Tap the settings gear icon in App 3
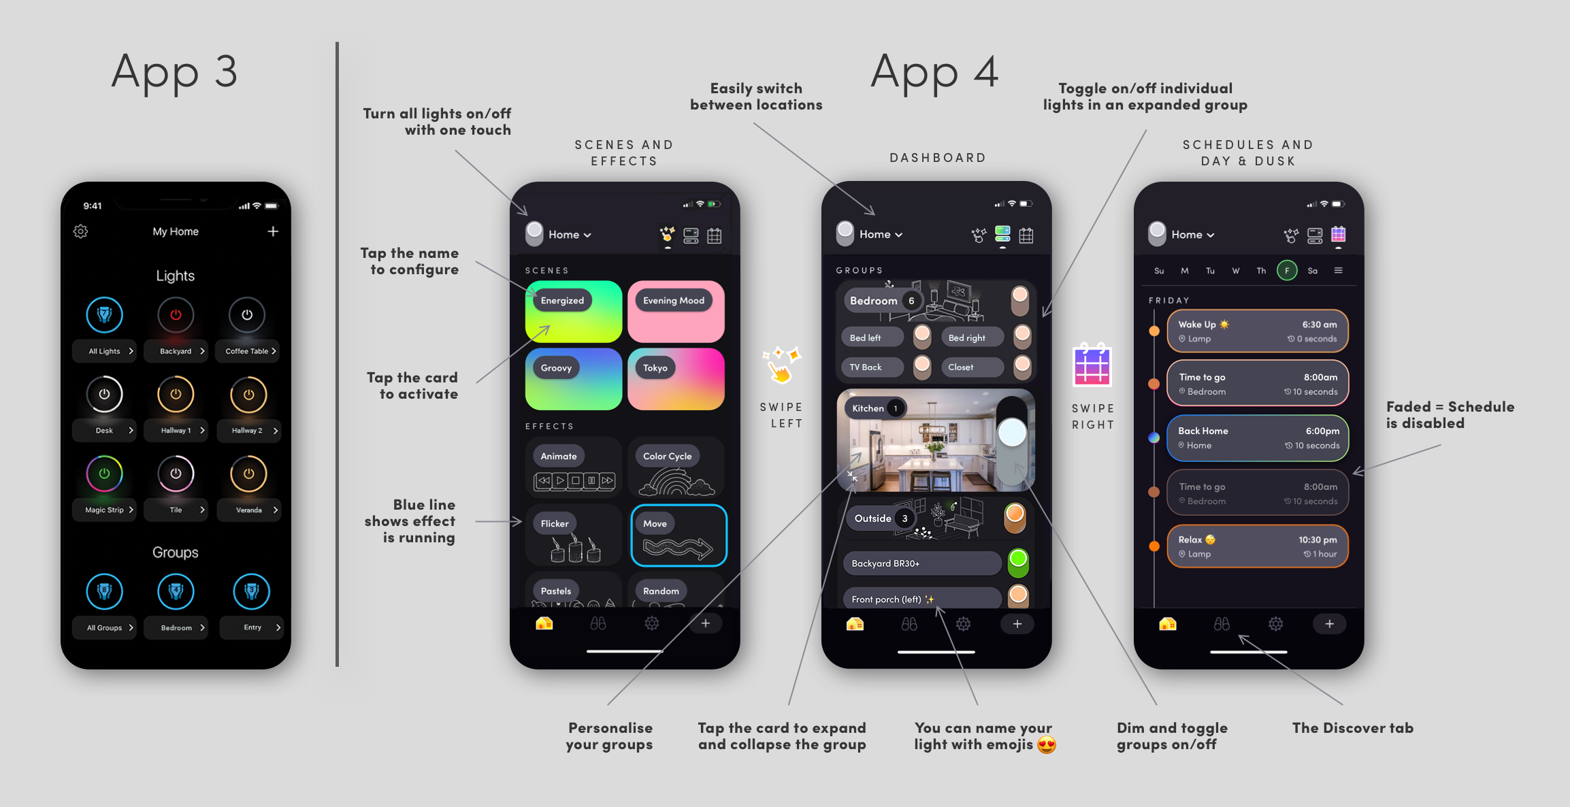80,231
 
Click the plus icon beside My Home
273,231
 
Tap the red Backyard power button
176,315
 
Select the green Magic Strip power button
104,474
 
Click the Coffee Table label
246,351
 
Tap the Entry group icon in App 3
252,591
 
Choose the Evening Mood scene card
676,312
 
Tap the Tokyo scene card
676,379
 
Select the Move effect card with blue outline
678,536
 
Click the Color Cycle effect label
667,456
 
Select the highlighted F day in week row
1287,271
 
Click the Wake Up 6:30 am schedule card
1258,331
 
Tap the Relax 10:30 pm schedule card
1258,546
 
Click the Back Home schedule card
1258,438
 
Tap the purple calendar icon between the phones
1092,364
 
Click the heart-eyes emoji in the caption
1047,745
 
